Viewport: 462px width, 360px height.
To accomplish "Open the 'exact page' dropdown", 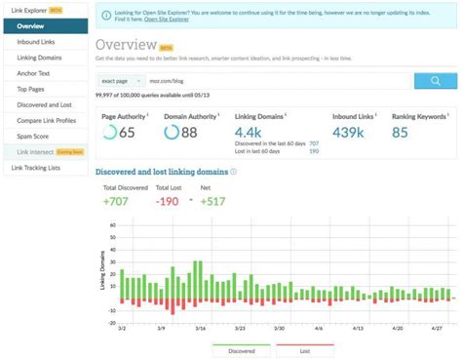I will (125, 81).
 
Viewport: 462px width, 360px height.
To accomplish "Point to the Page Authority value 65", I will (126, 132).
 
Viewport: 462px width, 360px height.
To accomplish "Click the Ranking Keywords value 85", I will (401, 132).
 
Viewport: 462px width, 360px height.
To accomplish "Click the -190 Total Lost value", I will (167, 201).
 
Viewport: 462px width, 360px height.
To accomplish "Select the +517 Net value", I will (212, 201).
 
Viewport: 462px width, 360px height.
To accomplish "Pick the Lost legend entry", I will (304, 349).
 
